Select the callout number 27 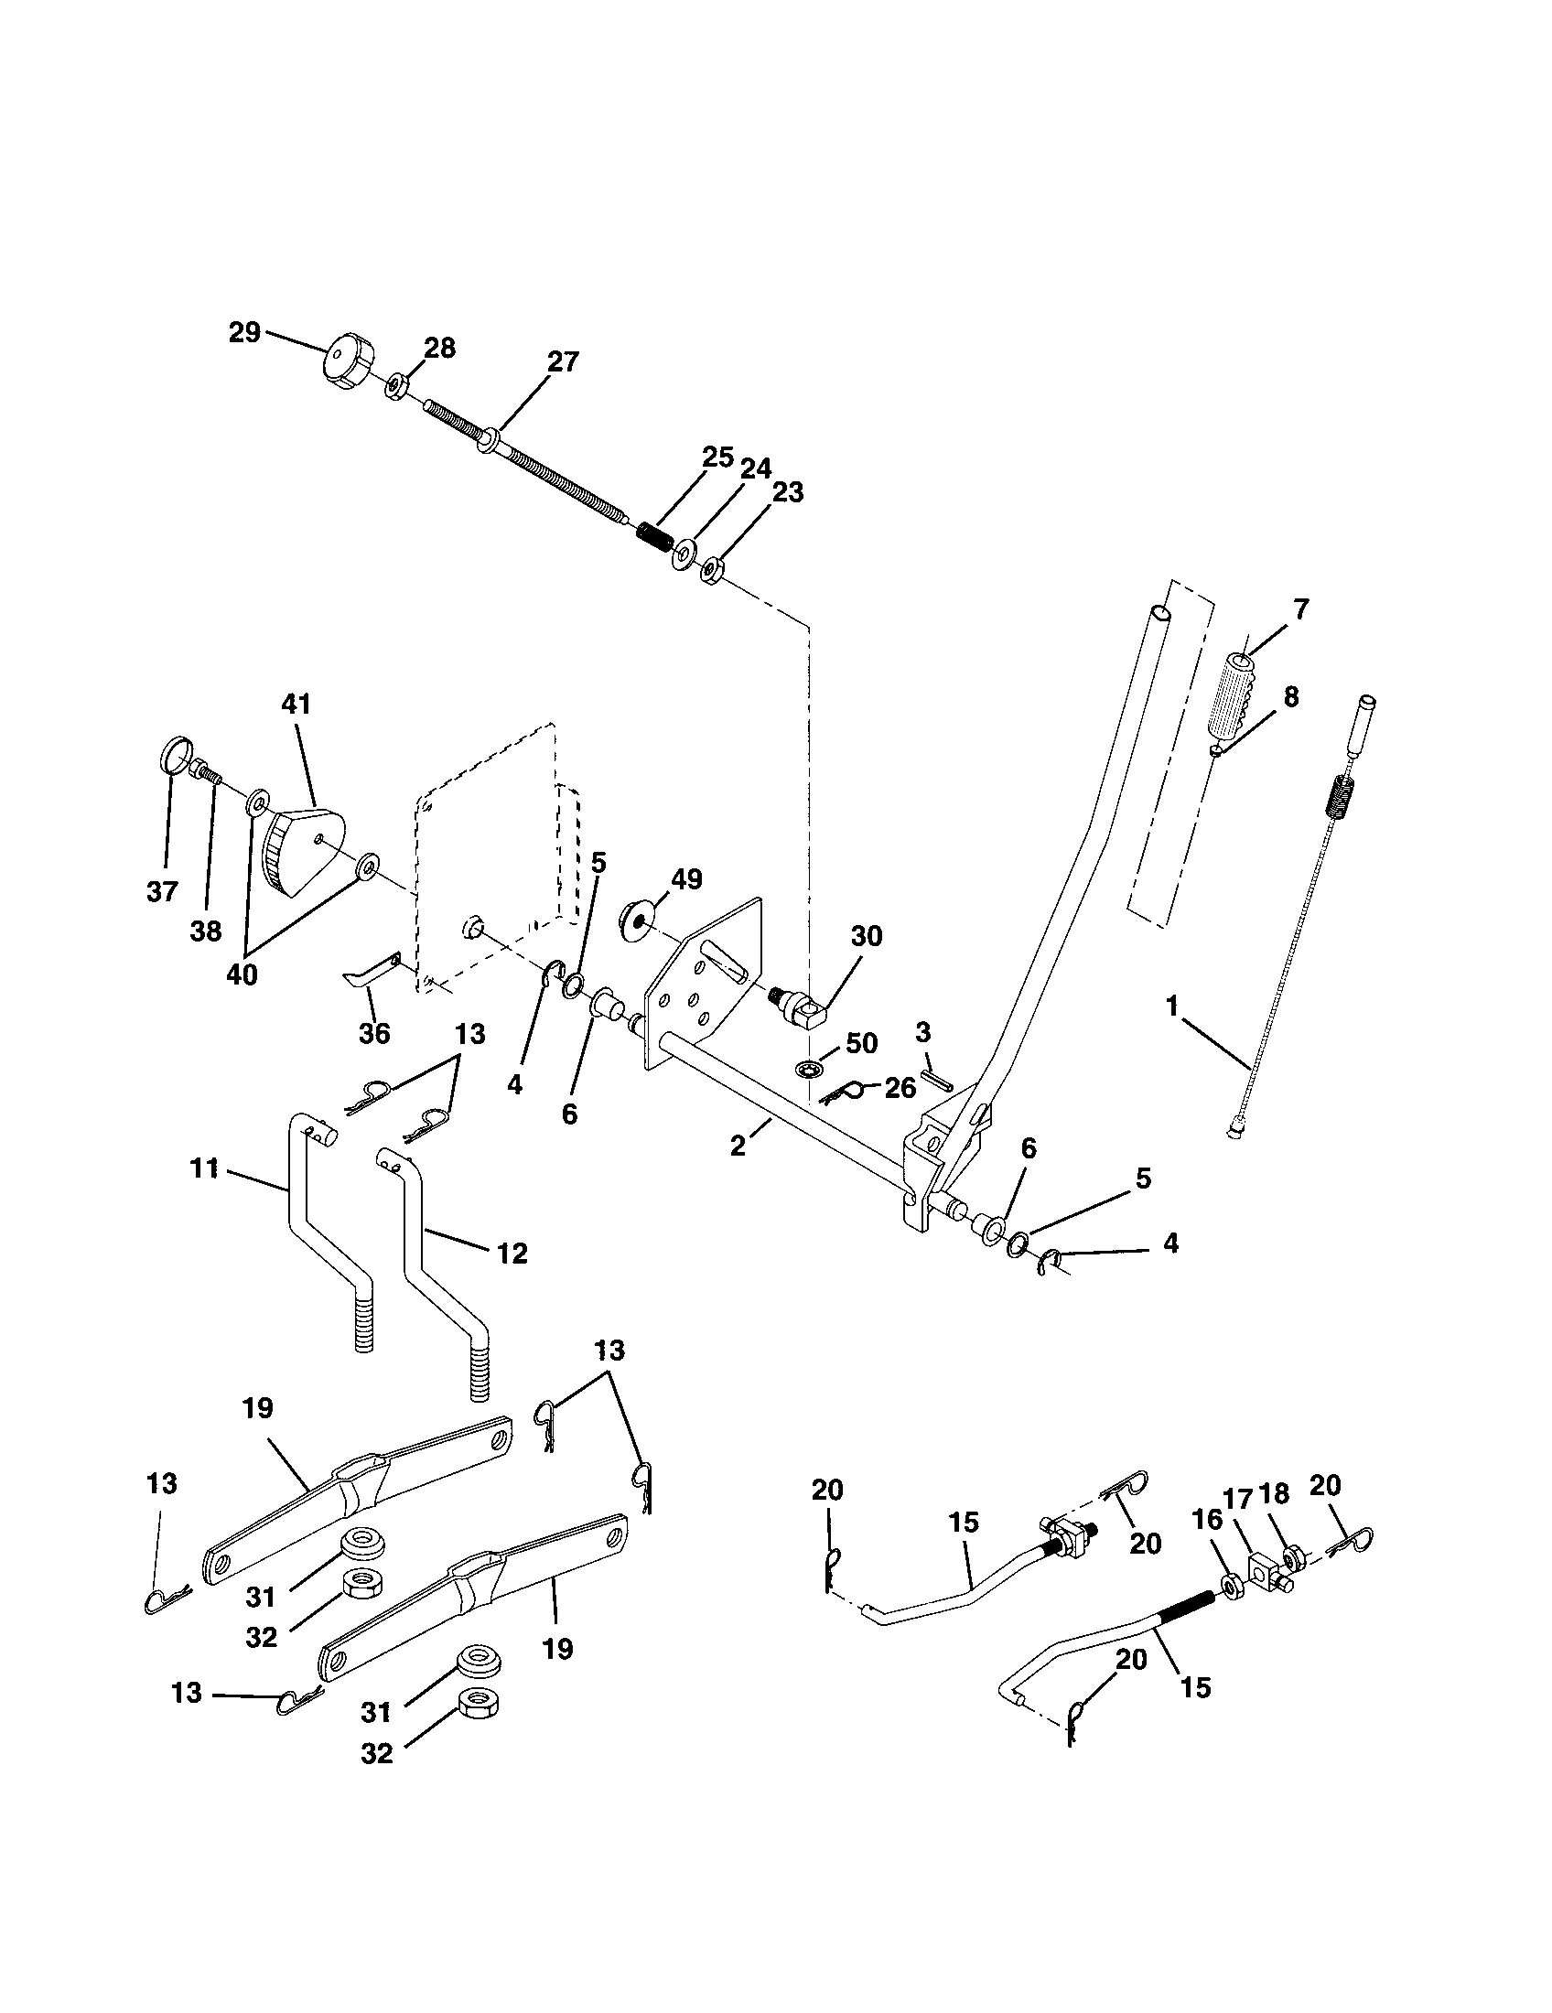tap(563, 362)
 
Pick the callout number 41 tap(296, 705)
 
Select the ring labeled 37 tap(174, 759)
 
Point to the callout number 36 tap(374, 1033)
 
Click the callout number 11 tap(205, 1168)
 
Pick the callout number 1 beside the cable tap(1172, 1006)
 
